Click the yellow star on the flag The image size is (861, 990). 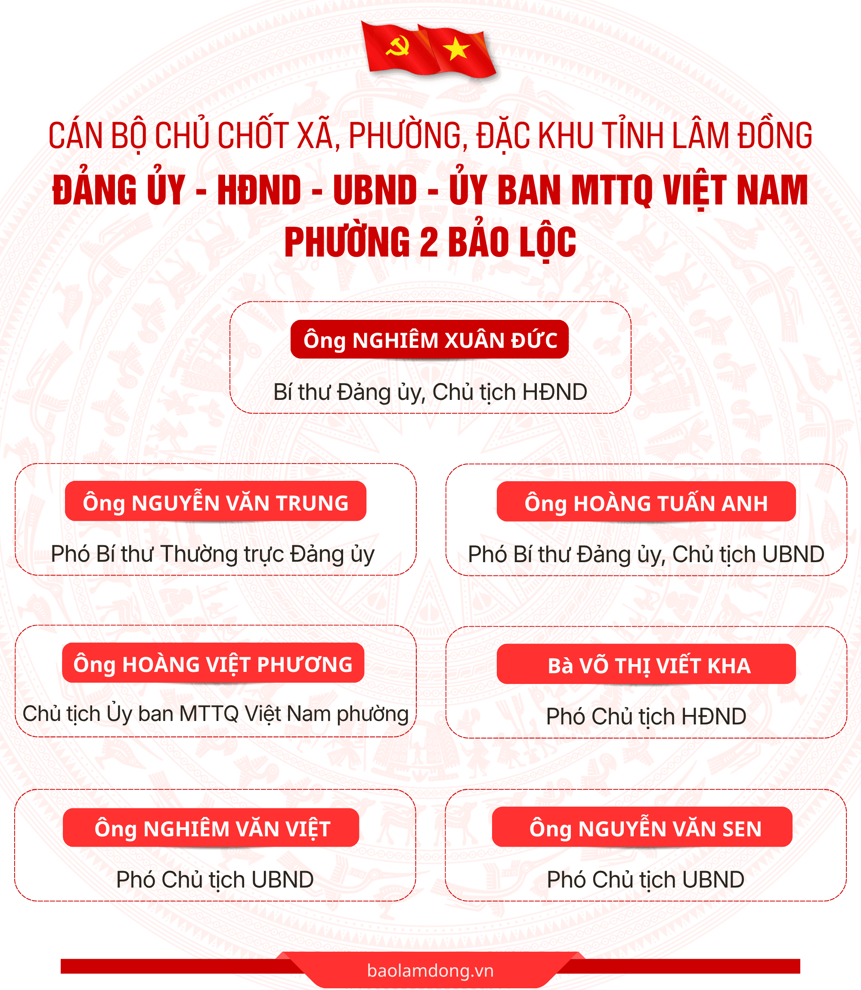coord(456,49)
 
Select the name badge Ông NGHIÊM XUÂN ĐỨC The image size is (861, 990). coord(430,339)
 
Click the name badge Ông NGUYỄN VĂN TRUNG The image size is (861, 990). coord(216,501)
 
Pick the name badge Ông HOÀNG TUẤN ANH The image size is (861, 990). coord(646,501)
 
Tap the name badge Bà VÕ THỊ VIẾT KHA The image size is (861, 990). coord(646,664)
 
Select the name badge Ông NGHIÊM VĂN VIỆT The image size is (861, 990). coord(211,828)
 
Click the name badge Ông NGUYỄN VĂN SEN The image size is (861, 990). coord(642,827)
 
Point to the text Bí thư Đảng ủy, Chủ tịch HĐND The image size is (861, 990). coord(430,393)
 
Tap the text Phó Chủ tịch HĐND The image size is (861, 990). coord(646,716)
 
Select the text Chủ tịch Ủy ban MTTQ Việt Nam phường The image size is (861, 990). coord(216,714)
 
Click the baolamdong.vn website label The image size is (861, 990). coord(430,970)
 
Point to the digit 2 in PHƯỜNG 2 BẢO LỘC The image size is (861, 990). coord(428,242)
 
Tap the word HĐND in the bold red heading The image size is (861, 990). coord(259,190)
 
